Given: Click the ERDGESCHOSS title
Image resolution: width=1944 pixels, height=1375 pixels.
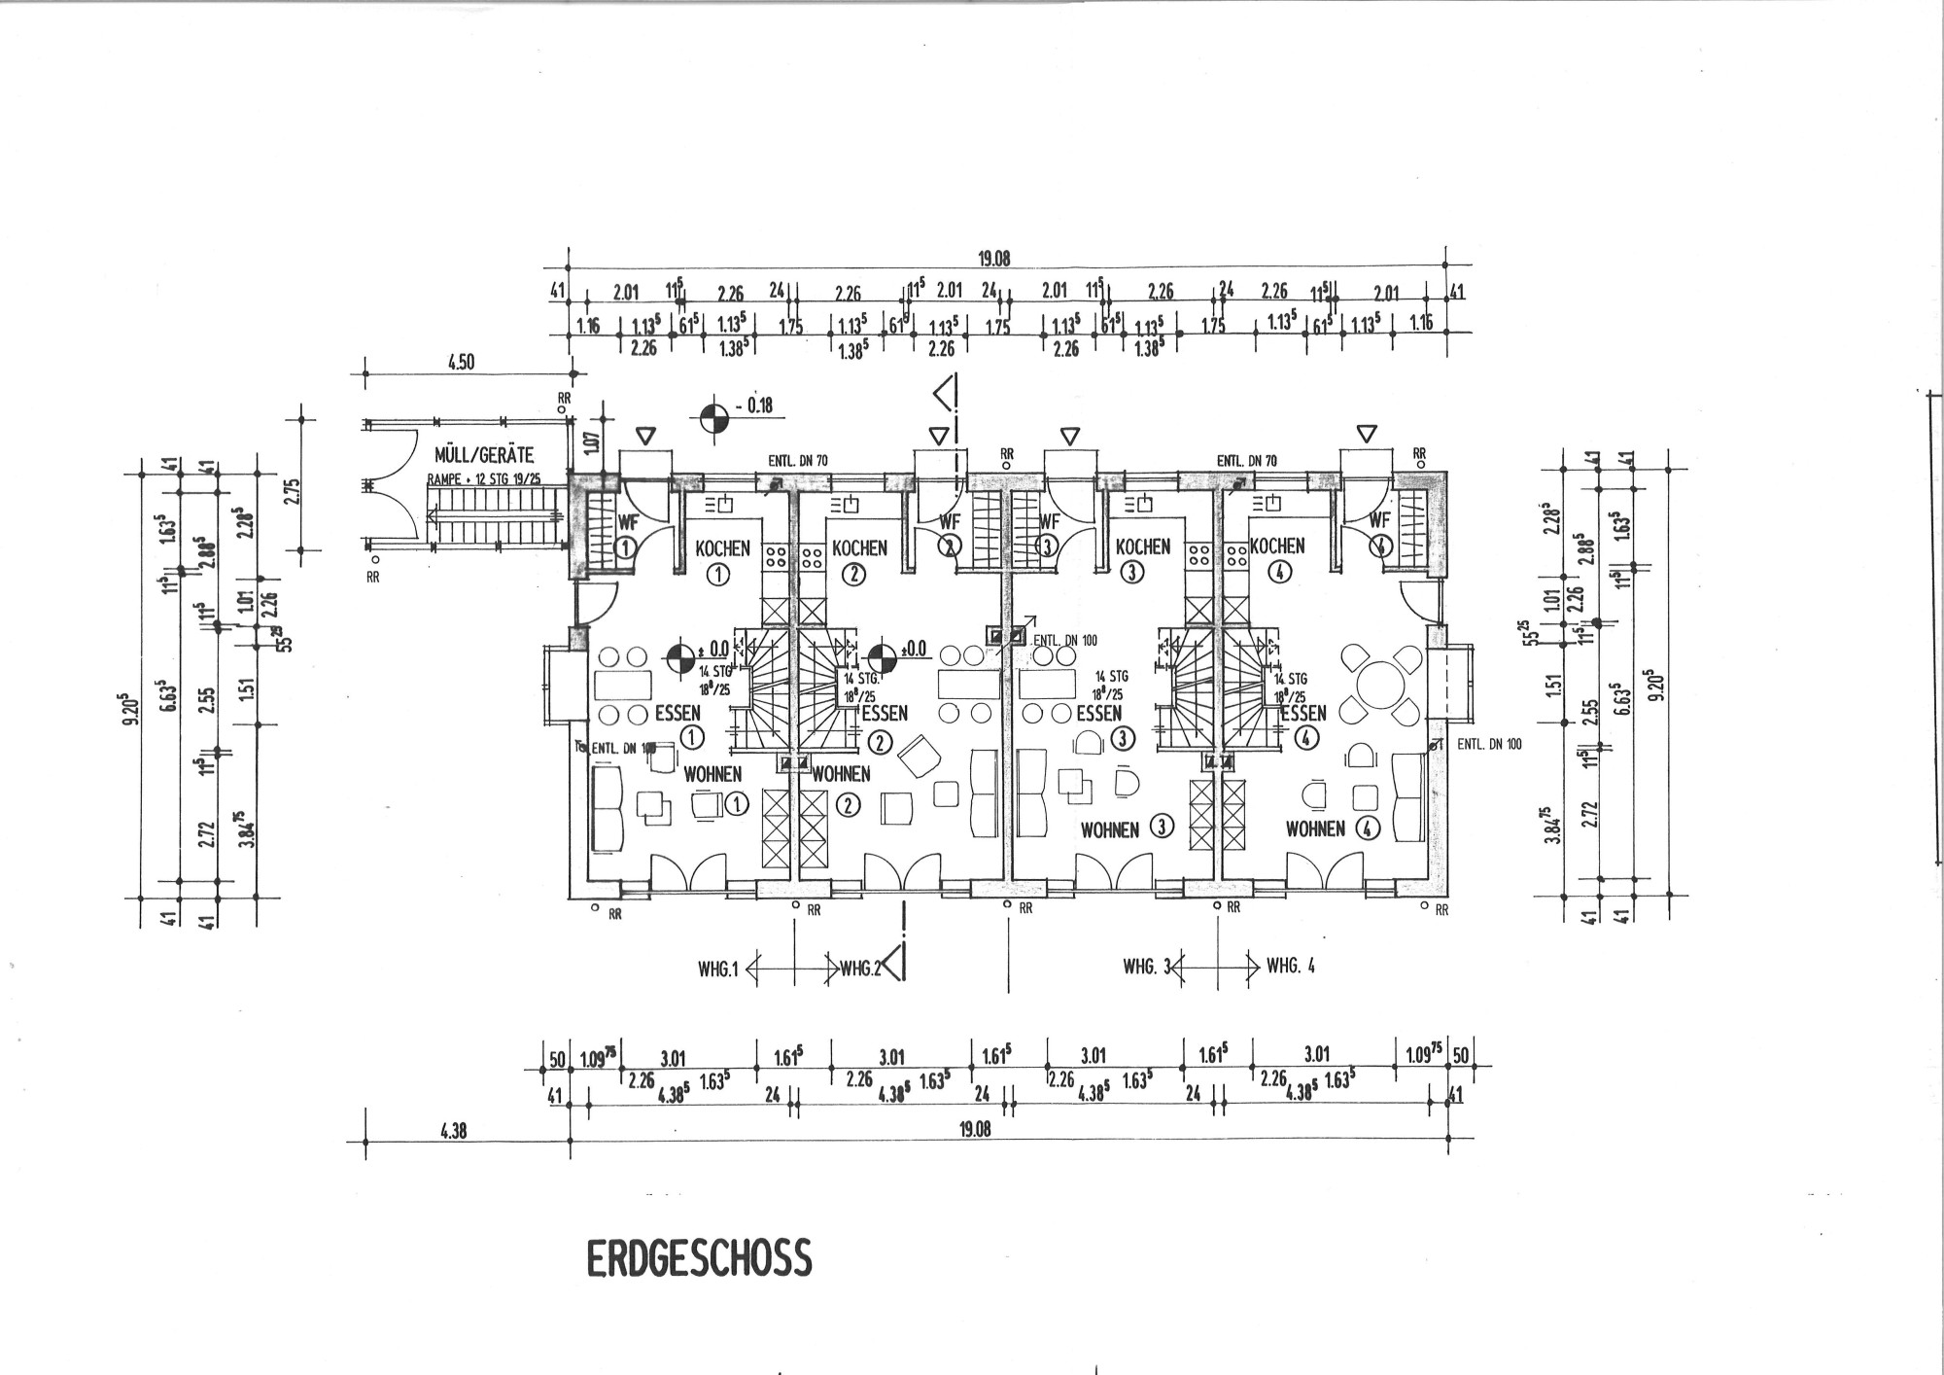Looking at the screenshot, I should [x=698, y=1258].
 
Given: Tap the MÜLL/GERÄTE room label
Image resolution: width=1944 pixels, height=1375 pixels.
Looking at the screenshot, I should [x=484, y=455].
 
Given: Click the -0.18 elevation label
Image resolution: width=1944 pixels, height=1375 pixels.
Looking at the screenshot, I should [x=754, y=405].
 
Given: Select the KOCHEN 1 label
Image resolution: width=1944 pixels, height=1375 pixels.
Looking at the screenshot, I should [x=722, y=548].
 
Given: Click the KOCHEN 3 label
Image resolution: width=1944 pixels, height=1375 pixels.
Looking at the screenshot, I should [x=1143, y=546].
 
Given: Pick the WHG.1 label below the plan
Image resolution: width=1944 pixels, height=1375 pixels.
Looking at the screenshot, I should [x=718, y=968].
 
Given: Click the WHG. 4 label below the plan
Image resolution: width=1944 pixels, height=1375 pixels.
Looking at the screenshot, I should [x=1290, y=967].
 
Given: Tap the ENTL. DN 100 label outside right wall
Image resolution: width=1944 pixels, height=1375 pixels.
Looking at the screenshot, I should [x=1488, y=745].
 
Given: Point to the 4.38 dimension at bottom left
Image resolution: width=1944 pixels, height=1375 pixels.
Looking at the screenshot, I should [x=453, y=1131].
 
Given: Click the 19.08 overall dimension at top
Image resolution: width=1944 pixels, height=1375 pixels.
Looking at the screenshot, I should [x=994, y=259].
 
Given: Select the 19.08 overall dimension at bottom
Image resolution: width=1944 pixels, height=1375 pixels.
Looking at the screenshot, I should [x=974, y=1130].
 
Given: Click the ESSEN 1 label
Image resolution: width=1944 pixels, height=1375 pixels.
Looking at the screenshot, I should [x=677, y=713].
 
